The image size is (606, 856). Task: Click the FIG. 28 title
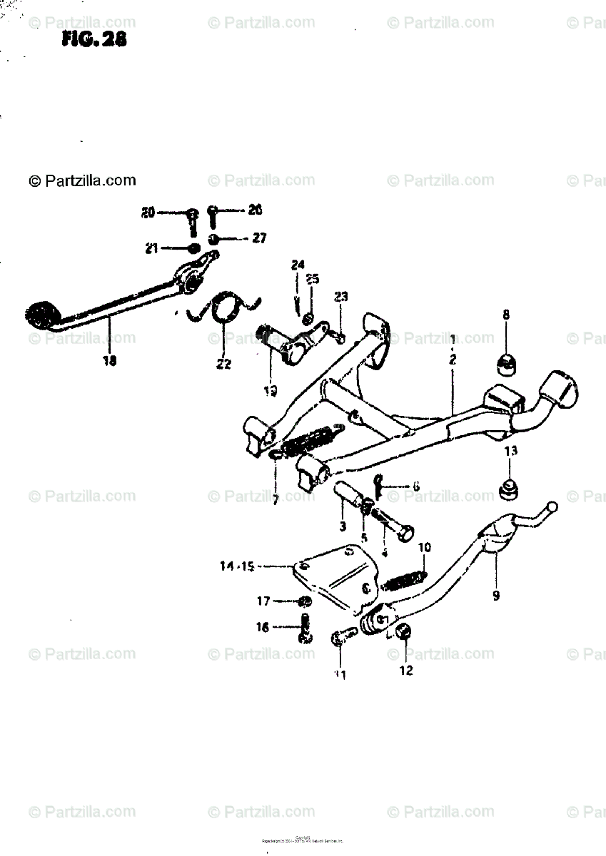(x=94, y=40)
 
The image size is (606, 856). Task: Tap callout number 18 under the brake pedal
(x=109, y=360)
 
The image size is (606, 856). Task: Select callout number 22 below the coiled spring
(x=224, y=364)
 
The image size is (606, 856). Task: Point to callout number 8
(x=506, y=314)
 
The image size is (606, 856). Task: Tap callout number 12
(x=406, y=671)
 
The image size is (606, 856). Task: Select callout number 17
(x=263, y=601)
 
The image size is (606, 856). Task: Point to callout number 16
(x=263, y=627)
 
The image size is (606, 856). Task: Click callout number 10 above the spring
(x=425, y=548)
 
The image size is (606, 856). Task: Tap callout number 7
(x=275, y=500)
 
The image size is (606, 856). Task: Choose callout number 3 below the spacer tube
(x=343, y=527)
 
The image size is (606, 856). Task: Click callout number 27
(x=258, y=238)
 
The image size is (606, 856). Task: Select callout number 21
(x=151, y=248)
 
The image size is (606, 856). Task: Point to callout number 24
(x=297, y=265)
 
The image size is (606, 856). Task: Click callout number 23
(x=340, y=297)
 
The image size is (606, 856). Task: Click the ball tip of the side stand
(x=552, y=506)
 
